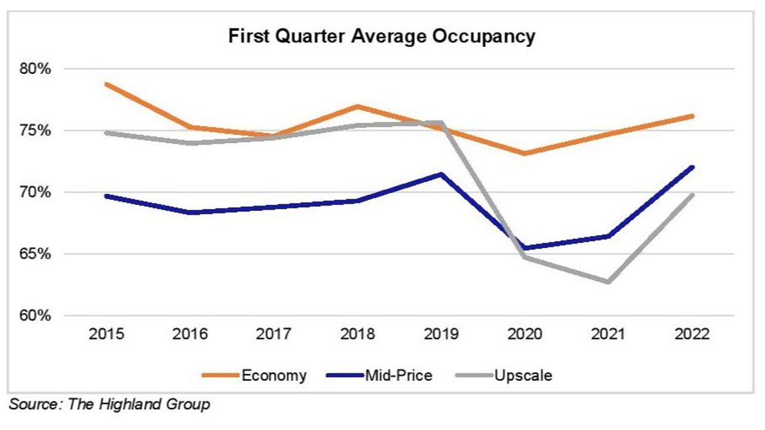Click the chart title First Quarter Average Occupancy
tap(382, 36)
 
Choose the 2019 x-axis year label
tap(441, 335)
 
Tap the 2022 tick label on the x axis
tap(691, 335)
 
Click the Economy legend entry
tap(273, 375)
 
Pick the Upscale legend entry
tap(523, 375)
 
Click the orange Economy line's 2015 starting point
tap(107, 84)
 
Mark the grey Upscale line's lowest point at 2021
tap(608, 282)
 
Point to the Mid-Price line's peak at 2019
tap(441, 174)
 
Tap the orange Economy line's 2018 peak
tap(357, 106)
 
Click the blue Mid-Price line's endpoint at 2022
tap(692, 167)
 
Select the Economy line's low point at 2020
tap(524, 153)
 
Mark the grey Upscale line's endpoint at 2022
tap(692, 195)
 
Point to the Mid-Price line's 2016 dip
tap(190, 212)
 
